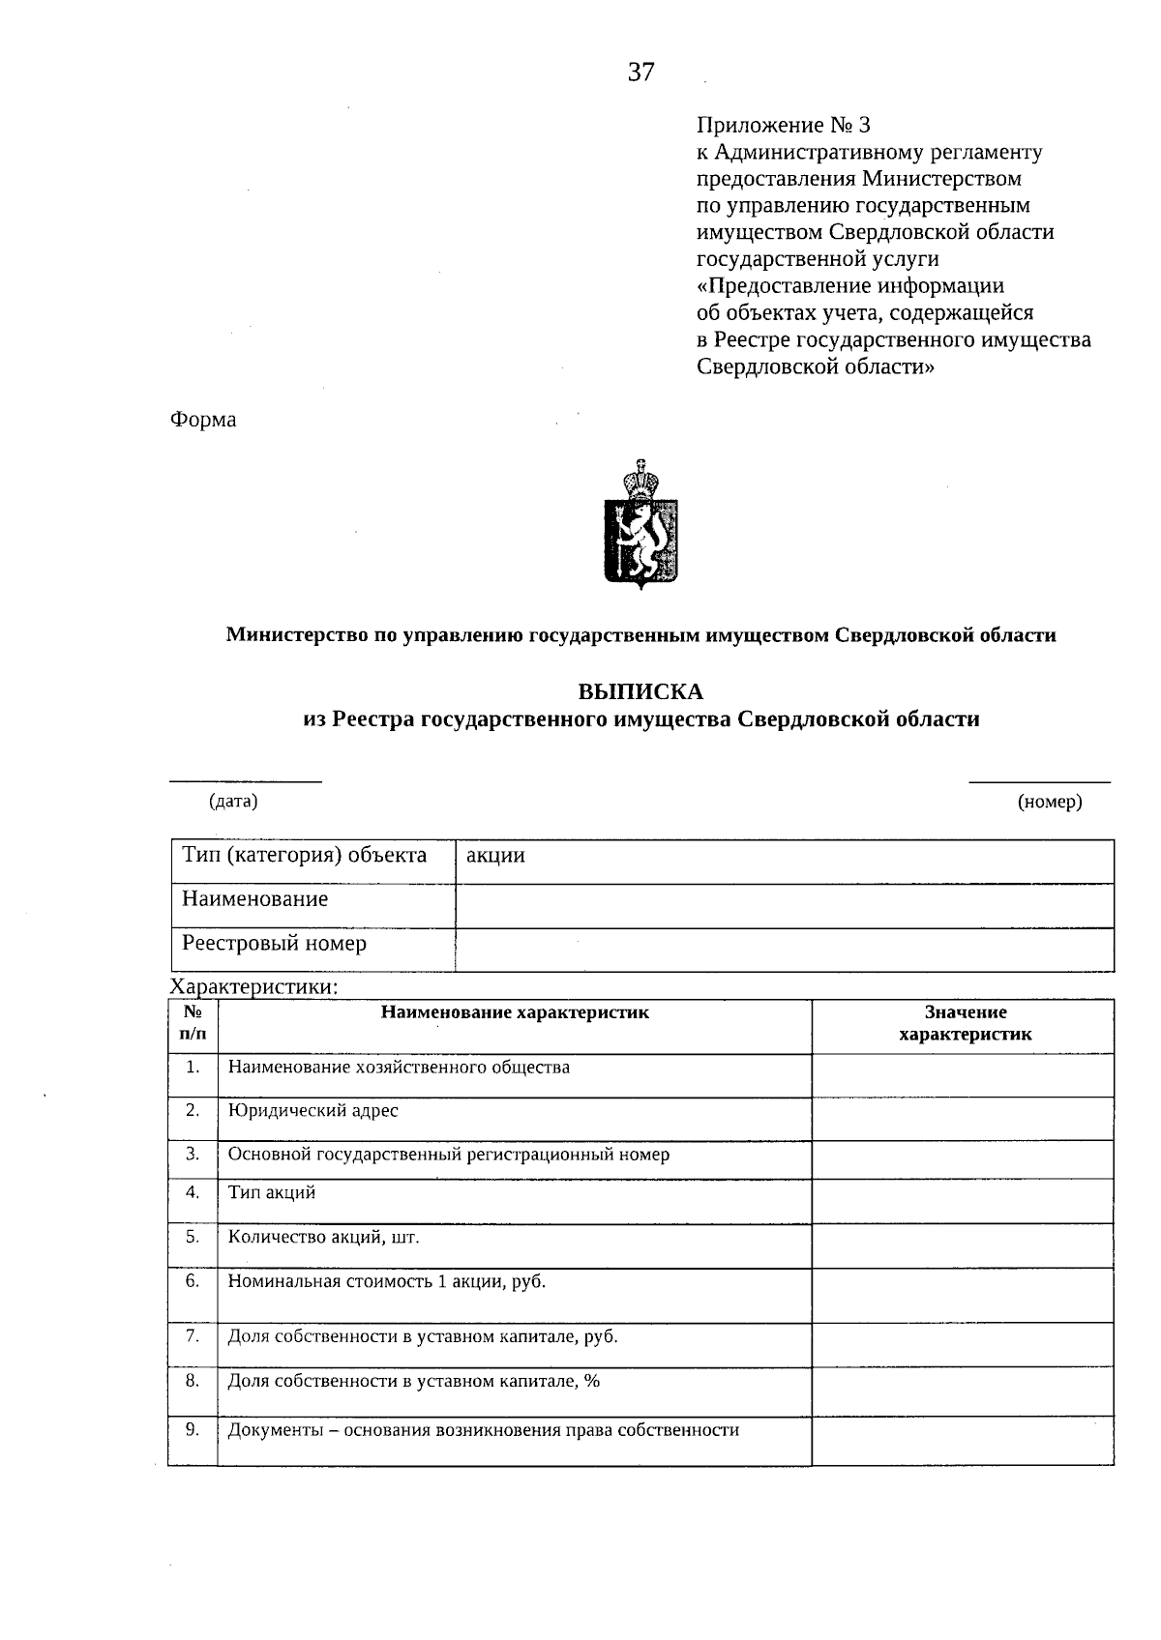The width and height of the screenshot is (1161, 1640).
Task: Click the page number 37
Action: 640,73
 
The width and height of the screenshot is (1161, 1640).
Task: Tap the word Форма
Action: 203,420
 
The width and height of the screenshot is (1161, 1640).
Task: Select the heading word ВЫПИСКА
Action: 640,692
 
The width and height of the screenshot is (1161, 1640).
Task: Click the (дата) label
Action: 233,801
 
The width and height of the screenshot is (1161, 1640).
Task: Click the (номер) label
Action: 1050,802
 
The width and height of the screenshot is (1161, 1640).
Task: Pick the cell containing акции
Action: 784,857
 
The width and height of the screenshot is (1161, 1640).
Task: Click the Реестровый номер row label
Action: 275,944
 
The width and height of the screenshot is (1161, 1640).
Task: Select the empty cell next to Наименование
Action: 784,906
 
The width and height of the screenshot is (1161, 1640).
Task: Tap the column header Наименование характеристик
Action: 515,1012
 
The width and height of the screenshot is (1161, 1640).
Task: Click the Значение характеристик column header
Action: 965,1023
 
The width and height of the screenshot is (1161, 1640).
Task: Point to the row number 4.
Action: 193,1192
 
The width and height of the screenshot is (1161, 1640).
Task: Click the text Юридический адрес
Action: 313,1111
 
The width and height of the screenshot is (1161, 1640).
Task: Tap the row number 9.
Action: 193,1429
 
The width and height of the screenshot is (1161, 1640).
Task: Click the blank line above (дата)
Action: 246,779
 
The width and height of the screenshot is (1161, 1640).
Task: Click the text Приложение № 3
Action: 784,126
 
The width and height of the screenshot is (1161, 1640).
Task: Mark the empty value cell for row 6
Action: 963,1295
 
